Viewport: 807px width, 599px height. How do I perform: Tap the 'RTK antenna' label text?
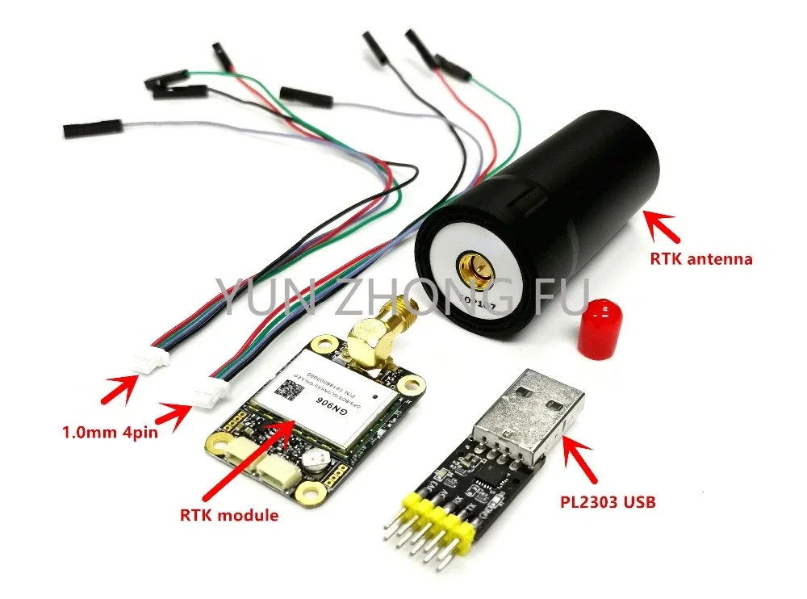[x=700, y=259]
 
